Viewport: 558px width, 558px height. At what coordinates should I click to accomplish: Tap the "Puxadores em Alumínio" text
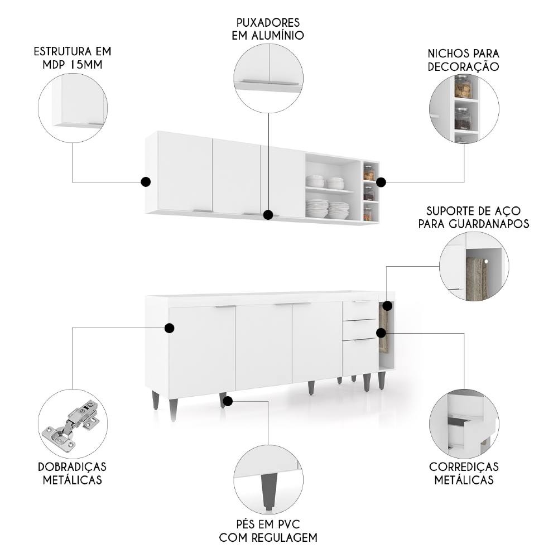point(268,29)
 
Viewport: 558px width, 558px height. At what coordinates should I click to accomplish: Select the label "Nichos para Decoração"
point(463,60)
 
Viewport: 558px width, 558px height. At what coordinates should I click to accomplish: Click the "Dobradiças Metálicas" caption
point(73,473)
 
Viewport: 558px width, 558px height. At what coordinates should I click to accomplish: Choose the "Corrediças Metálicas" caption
point(464,473)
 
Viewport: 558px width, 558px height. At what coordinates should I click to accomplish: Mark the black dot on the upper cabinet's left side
point(146,181)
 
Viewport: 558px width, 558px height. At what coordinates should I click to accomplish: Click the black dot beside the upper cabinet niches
point(381,182)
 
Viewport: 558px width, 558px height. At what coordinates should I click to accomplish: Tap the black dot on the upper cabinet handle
point(268,214)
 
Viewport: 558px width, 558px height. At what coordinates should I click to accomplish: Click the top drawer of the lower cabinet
point(360,310)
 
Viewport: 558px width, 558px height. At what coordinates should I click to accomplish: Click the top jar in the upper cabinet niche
point(368,172)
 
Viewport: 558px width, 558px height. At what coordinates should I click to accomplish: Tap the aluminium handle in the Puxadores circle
point(268,84)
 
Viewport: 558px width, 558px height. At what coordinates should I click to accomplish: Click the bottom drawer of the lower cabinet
point(360,357)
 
